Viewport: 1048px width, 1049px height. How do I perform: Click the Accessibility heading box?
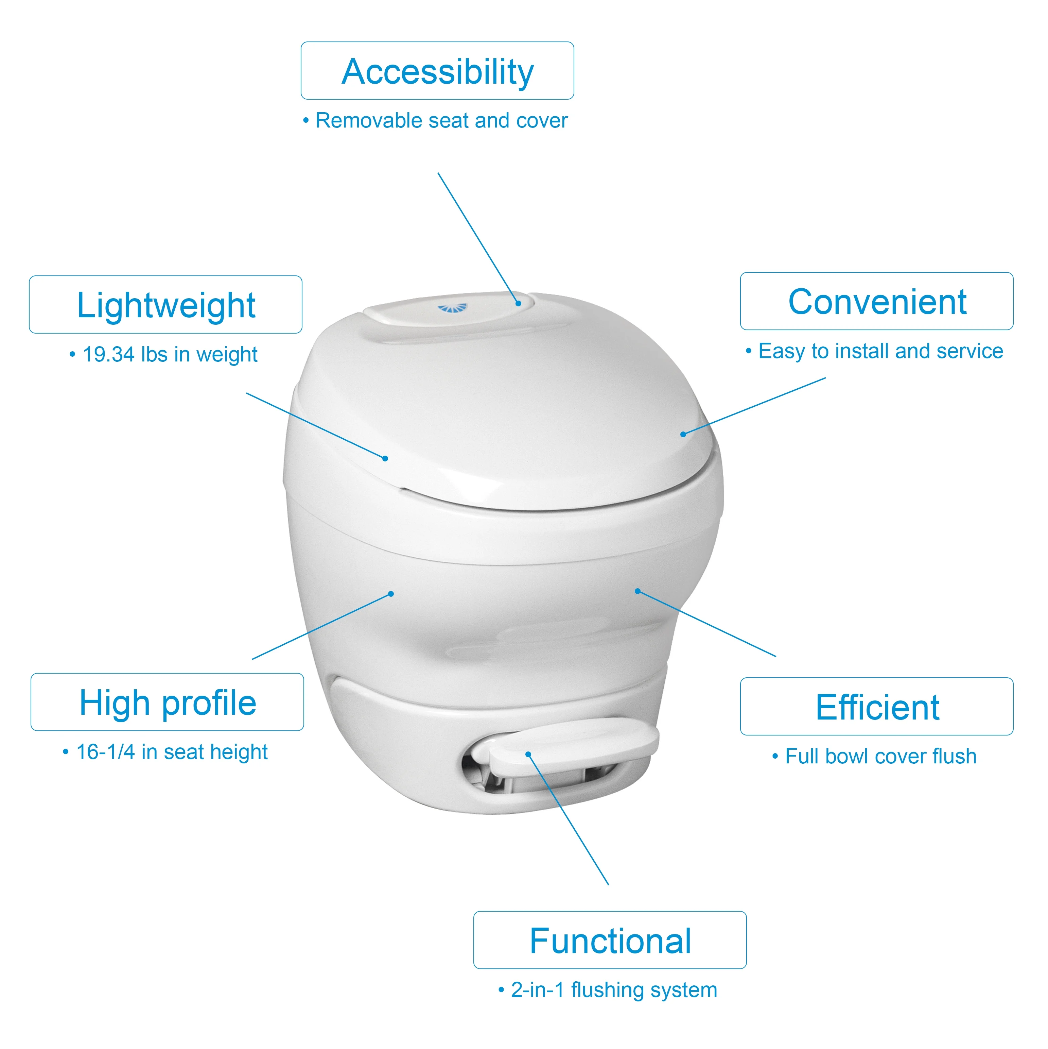(437, 71)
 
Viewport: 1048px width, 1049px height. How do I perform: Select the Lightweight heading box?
(165, 305)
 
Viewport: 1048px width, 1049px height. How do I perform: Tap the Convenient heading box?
(876, 301)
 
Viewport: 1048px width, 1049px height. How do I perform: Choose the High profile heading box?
(167, 702)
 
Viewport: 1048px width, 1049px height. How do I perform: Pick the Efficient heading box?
(876, 706)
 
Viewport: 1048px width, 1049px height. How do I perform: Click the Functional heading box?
(610, 940)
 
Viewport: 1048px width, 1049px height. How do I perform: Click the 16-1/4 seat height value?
(105, 752)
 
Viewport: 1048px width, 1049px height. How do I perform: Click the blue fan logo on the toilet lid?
(452, 308)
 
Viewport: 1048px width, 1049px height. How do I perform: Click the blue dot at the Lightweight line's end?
(385, 459)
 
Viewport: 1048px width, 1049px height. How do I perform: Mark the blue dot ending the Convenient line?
(683, 434)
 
